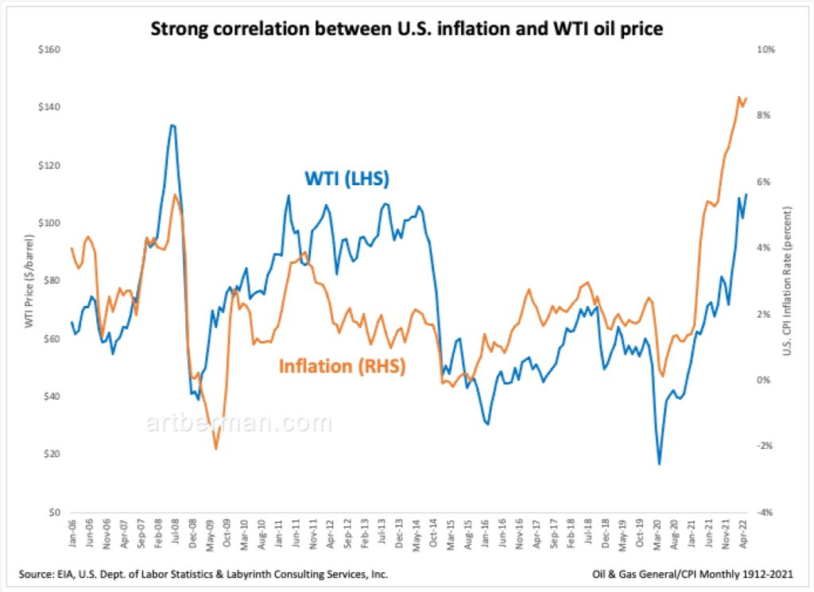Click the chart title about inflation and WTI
click(x=407, y=30)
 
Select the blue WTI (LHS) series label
click(x=347, y=179)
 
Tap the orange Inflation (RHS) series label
click(x=342, y=366)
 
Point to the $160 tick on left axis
click(x=49, y=49)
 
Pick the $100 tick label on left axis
click(x=49, y=223)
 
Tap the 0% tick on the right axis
click(x=762, y=381)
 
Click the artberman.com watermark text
click(x=238, y=423)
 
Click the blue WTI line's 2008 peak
click(x=172, y=125)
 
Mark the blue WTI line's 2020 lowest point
click(x=659, y=464)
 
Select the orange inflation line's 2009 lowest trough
click(x=215, y=449)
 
